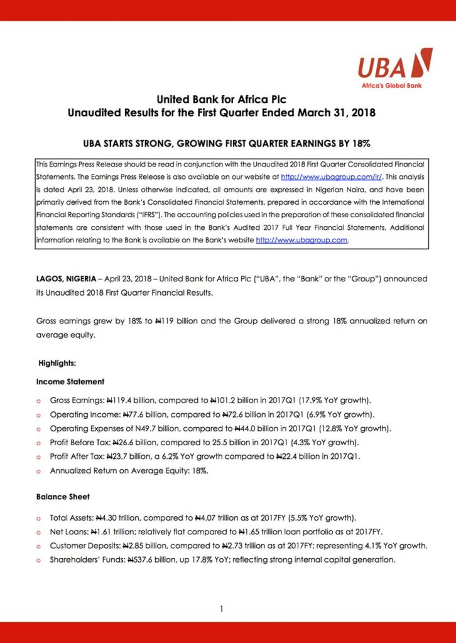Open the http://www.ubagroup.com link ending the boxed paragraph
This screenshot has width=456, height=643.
[301, 240]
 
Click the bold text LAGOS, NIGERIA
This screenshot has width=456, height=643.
[66, 278]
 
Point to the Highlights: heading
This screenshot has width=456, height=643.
[57, 363]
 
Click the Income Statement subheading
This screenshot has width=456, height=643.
[70, 381]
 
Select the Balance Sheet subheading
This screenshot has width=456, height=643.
[63, 497]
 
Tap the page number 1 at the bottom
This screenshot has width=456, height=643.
[222, 608]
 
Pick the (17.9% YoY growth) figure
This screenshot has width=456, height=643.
[330, 400]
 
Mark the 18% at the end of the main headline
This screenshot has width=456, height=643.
[360, 143]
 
